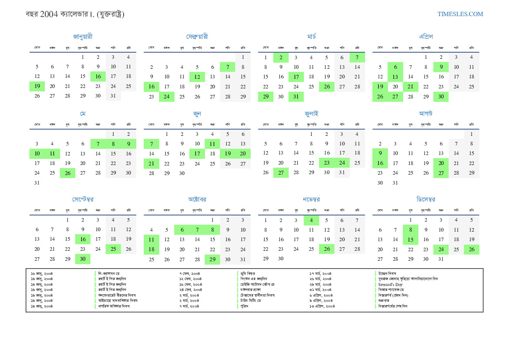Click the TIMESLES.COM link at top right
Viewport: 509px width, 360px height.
pos(460,14)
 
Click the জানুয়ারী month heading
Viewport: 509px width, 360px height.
pos(83,37)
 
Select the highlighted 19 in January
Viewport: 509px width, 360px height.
pos(37,86)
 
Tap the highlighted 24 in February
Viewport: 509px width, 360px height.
pos(167,97)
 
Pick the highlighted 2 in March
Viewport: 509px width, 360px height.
pos(281,57)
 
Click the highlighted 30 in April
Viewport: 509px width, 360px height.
pos(441,97)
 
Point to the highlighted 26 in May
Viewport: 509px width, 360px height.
pos(67,173)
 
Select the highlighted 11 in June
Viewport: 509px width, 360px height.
pos(212,144)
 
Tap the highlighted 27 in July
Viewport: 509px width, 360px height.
pos(281,173)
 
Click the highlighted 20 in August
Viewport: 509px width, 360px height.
pos(441,163)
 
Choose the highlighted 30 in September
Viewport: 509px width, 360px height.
pos(83,259)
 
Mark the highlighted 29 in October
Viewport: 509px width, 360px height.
pos(212,259)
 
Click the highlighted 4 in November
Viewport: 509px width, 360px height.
pos(311,220)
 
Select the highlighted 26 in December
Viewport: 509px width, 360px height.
pos(472,249)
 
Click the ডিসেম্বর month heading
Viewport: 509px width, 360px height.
pos(426,199)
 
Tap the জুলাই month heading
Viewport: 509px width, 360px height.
pos(311,114)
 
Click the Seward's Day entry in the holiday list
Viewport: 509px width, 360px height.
pos(391,284)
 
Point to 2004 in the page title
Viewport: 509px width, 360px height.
pos(48,14)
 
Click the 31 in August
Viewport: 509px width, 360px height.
pos(395,183)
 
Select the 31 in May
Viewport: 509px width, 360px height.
pos(37,183)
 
